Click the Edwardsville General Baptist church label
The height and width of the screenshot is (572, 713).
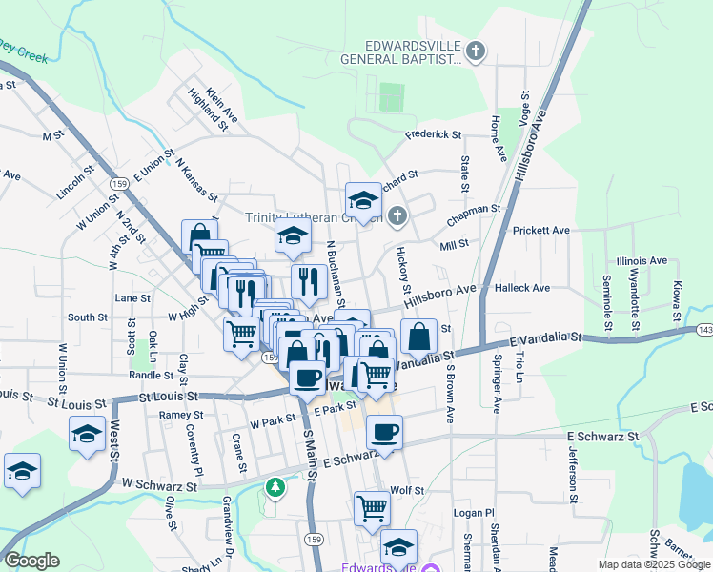(x=401, y=52)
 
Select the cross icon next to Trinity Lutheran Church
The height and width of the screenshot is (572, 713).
(x=397, y=217)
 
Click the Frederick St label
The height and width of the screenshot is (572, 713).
(x=433, y=135)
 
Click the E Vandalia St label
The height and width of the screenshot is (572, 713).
(x=545, y=339)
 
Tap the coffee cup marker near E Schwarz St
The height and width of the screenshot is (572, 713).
(x=384, y=432)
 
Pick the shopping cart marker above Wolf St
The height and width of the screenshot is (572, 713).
(x=372, y=506)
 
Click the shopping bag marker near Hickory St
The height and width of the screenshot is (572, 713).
(x=418, y=336)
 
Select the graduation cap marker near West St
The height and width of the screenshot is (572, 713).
(x=88, y=434)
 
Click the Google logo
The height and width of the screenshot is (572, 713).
(x=31, y=561)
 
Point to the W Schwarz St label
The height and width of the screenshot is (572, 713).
(x=158, y=485)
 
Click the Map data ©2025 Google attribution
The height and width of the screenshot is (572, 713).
(x=655, y=564)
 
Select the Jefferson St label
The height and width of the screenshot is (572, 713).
(x=573, y=472)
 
